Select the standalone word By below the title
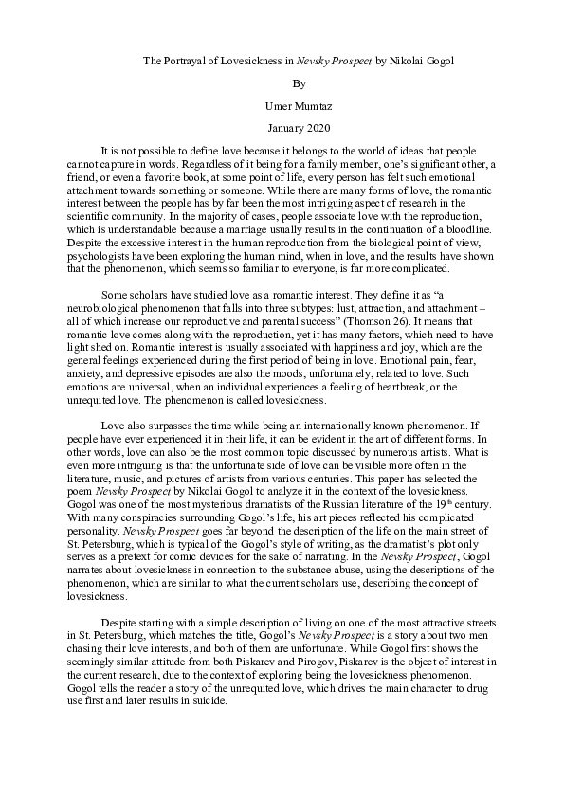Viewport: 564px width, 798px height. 282,82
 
